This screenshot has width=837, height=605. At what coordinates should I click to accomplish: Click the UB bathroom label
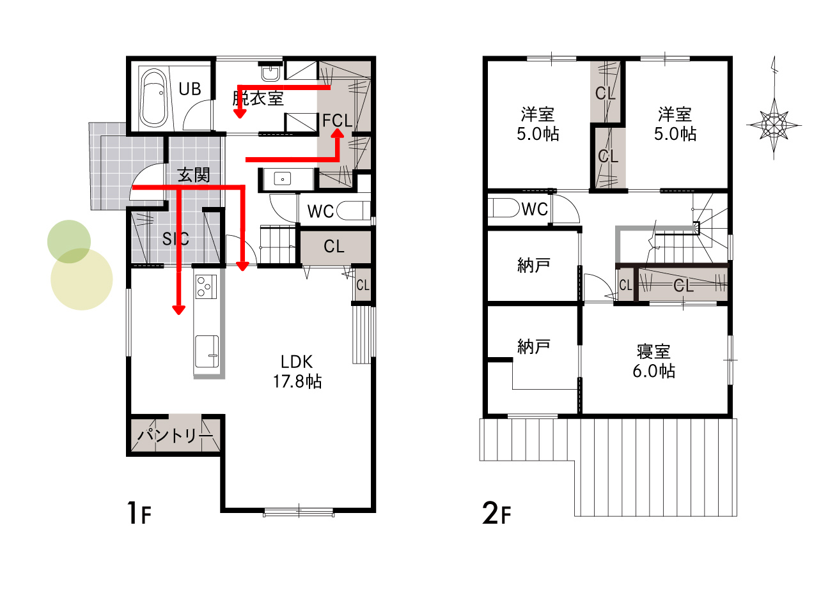point(190,89)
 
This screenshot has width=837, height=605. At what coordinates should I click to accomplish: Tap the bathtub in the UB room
point(153,98)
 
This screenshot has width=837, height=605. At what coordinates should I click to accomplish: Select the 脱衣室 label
point(258,98)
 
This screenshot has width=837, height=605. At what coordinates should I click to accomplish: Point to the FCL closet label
point(337,121)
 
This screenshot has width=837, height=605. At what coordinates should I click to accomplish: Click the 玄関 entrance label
point(194,174)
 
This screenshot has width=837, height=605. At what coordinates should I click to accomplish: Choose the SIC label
point(175,239)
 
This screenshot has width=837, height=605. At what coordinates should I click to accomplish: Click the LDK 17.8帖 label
point(297,371)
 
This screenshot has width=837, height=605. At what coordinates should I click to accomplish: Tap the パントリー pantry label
point(175,435)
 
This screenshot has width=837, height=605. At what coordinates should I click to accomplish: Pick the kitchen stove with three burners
point(206,287)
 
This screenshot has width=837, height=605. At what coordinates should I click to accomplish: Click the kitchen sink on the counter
point(207,351)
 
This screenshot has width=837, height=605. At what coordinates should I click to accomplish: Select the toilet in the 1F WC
point(353,211)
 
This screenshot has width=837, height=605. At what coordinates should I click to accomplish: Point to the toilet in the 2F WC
point(505,208)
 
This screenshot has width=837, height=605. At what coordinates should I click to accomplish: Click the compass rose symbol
point(774,125)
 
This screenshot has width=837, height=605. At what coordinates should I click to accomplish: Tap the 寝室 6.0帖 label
point(654,362)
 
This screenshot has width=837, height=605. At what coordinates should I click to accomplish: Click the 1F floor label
point(139,513)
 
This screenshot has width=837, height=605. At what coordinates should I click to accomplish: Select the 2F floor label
point(496,513)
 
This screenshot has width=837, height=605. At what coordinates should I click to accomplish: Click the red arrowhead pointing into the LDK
point(178,310)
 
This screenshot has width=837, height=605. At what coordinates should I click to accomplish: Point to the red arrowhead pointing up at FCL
point(338,134)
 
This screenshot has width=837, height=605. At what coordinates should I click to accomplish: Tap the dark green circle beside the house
point(69,241)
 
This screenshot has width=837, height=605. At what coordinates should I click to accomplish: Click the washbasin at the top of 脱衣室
point(270,73)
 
